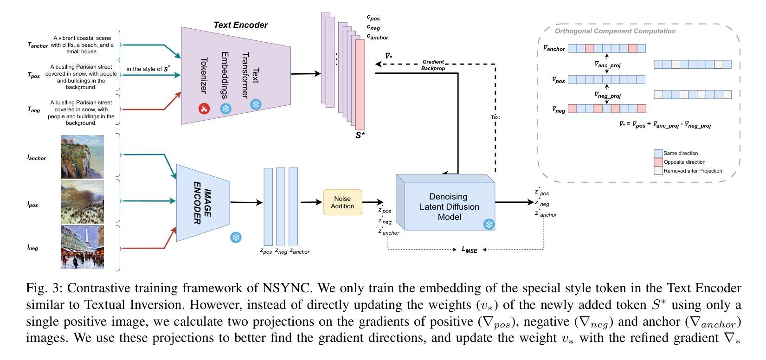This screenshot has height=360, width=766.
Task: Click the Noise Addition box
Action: (x=342, y=202)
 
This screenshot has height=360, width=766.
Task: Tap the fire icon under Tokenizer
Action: (x=204, y=109)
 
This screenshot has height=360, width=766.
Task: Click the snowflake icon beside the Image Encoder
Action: (x=236, y=238)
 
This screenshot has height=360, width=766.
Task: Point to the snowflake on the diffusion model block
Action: (x=489, y=225)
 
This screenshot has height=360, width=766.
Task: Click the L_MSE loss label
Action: (x=470, y=250)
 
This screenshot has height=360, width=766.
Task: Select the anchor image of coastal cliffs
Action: (x=82, y=157)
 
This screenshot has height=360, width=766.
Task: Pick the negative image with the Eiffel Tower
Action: (x=82, y=247)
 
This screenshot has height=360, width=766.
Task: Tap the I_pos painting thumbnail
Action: (x=82, y=202)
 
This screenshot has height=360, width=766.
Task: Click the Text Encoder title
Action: (x=240, y=25)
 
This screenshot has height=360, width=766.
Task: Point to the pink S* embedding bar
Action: (x=360, y=84)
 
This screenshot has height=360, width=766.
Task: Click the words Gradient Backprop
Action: (x=433, y=65)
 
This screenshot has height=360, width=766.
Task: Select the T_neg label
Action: (x=34, y=110)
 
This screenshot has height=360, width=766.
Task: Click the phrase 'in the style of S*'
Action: (x=147, y=69)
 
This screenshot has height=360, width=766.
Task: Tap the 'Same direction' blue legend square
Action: (x=658, y=153)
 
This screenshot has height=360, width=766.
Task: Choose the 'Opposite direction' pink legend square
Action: (x=658, y=162)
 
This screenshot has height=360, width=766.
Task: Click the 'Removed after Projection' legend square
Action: (x=658, y=171)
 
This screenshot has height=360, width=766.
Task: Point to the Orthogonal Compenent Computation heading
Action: (x=615, y=31)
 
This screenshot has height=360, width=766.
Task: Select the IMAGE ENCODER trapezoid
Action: (x=203, y=203)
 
